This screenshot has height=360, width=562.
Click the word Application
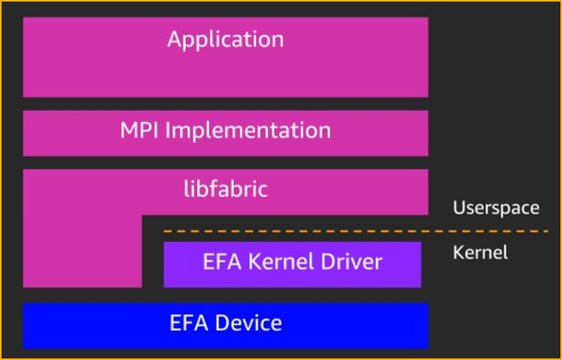click(x=225, y=39)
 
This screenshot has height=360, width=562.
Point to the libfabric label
click(x=225, y=191)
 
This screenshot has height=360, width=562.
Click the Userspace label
click(x=496, y=208)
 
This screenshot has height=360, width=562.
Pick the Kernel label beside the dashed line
click(x=479, y=252)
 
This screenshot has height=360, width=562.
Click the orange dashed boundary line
click(x=324, y=233)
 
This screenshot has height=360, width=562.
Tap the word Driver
click(x=351, y=262)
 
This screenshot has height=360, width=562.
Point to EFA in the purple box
click(x=221, y=262)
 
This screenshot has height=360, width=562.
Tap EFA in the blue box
click(x=188, y=323)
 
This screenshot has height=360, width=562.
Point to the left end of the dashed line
click(x=165, y=233)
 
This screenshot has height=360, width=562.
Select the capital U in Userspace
click(x=458, y=208)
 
